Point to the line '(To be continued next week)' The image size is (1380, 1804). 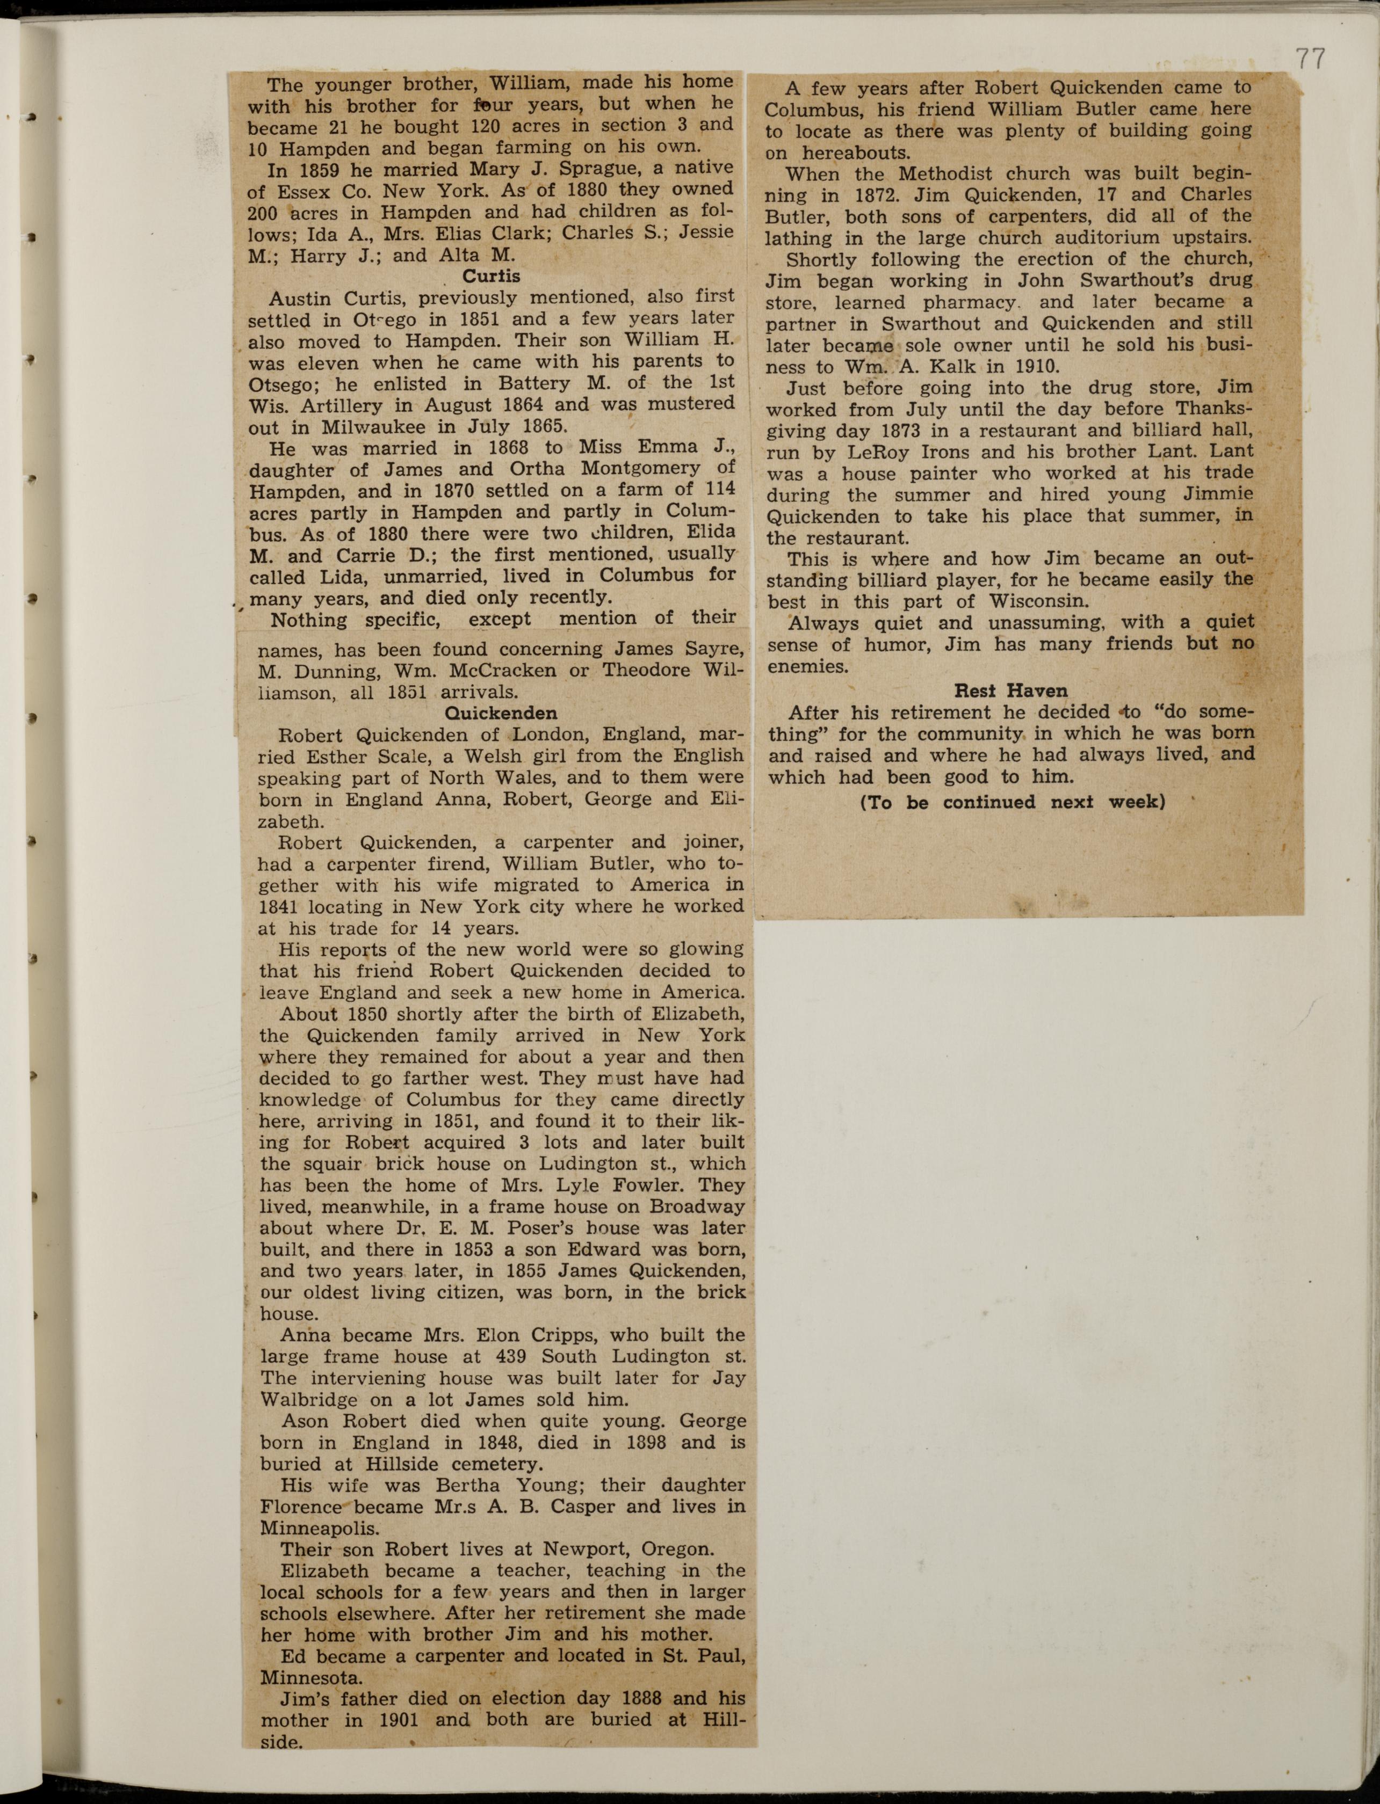point(1012,802)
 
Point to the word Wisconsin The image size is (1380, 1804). point(1039,600)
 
